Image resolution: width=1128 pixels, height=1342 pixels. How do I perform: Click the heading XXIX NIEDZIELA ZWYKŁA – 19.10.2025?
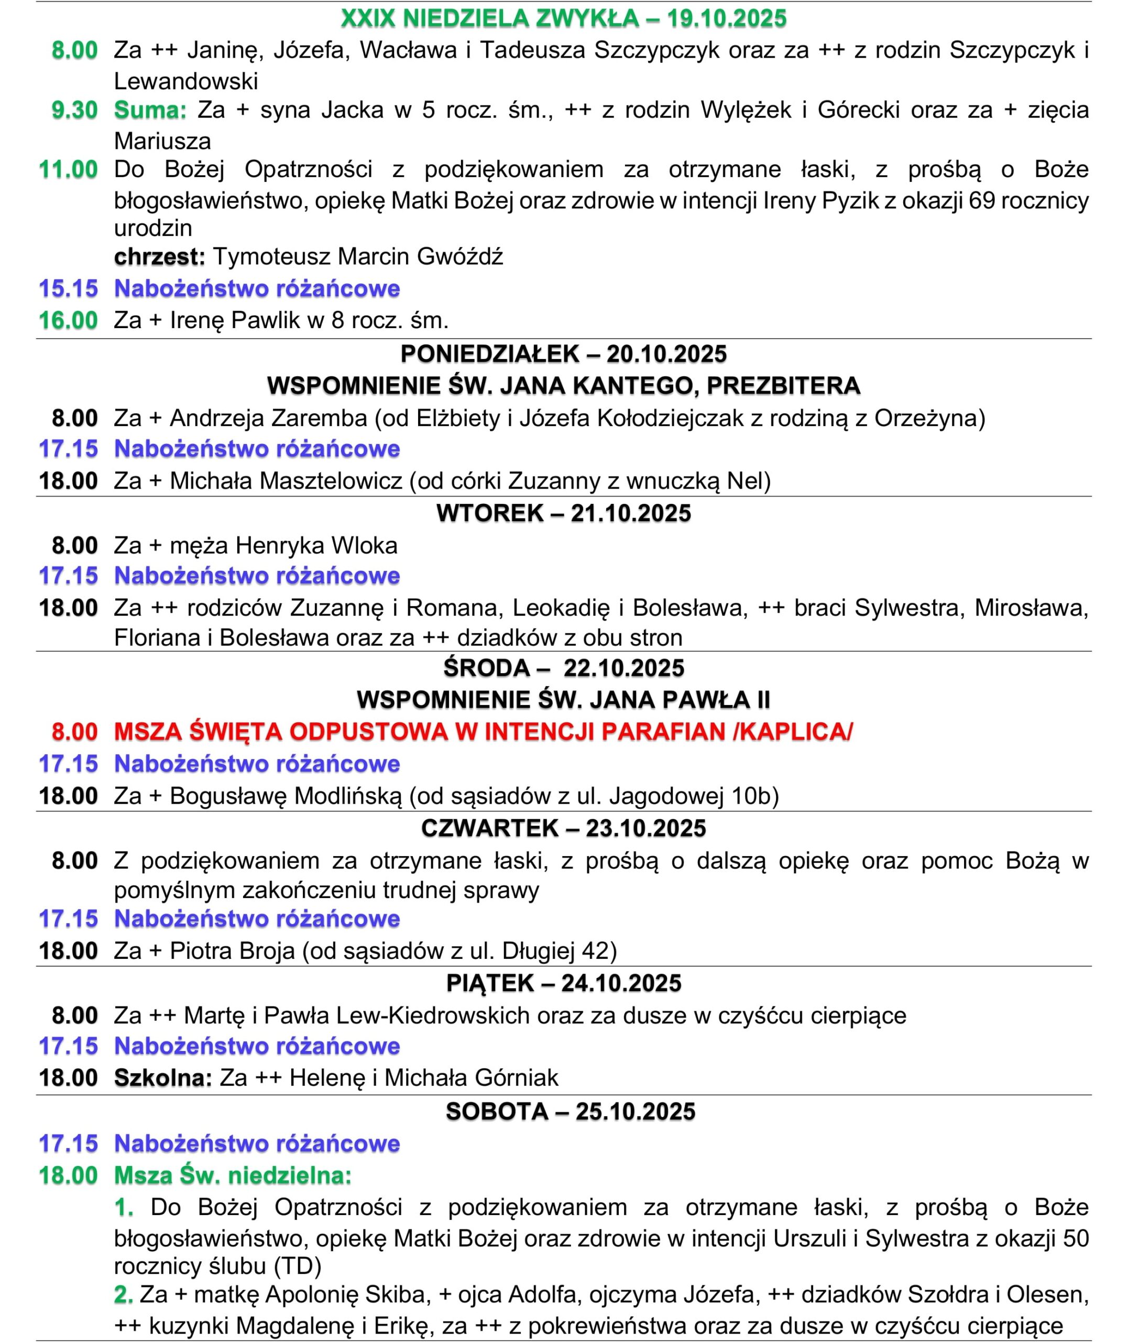(x=563, y=18)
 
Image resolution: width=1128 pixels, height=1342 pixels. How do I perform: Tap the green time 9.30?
(x=74, y=110)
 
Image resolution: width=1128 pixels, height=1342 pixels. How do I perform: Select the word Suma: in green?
(x=150, y=110)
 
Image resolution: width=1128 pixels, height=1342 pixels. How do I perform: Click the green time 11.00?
(x=69, y=169)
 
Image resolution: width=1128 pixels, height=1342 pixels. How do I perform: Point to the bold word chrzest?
(x=159, y=256)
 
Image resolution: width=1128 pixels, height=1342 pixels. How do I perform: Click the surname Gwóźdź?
(x=460, y=256)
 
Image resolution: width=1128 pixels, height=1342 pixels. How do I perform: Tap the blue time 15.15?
(x=69, y=288)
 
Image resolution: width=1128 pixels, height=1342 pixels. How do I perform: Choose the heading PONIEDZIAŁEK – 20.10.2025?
(x=563, y=354)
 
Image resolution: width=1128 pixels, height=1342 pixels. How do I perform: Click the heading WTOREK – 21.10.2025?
(x=563, y=513)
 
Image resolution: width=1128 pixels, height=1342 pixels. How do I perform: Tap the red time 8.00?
(x=74, y=731)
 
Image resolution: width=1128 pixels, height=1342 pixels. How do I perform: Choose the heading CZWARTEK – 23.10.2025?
(x=563, y=828)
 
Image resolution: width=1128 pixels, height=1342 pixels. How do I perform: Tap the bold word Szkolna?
(x=162, y=1078)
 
